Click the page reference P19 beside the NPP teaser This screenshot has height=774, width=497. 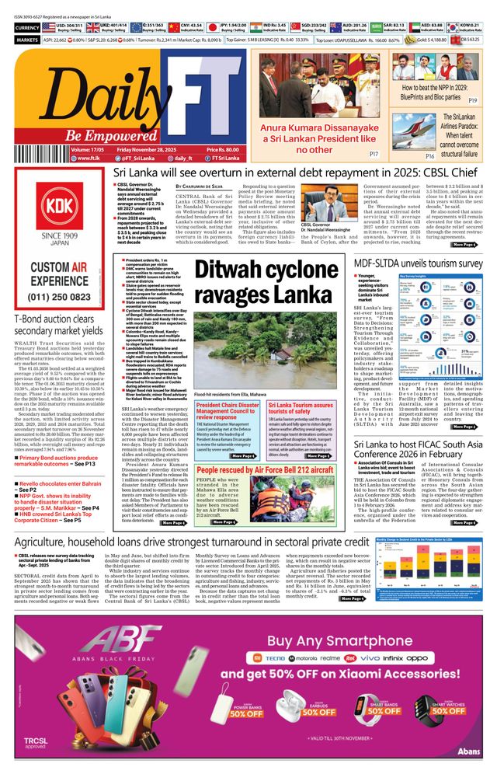tap(472, 101)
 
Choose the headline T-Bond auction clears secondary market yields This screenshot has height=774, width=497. tap(52, 325)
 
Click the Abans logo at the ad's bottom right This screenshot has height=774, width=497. tap(469, 758)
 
